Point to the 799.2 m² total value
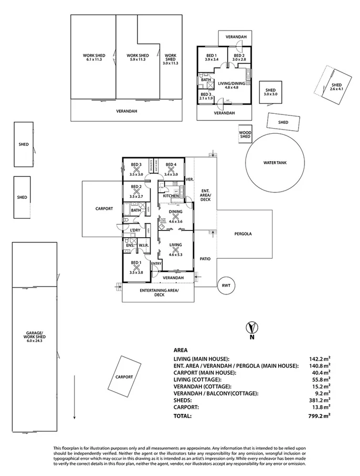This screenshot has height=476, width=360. point(319,416)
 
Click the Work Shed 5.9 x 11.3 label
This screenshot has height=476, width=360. point(137,58)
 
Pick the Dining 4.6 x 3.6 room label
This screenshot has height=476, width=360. point(175,214)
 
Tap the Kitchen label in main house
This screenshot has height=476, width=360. point(171,196)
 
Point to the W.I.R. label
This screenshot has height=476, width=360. point(142,245)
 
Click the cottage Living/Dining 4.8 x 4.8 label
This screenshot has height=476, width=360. point(231,85)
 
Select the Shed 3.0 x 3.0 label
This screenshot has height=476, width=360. point(270,92)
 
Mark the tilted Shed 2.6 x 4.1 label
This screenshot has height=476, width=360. point(336,87)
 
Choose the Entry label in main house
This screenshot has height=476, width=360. point(156,263)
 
